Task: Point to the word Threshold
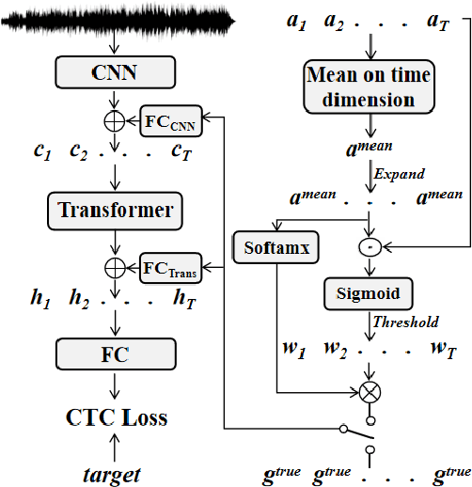(x=406, y=322)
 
